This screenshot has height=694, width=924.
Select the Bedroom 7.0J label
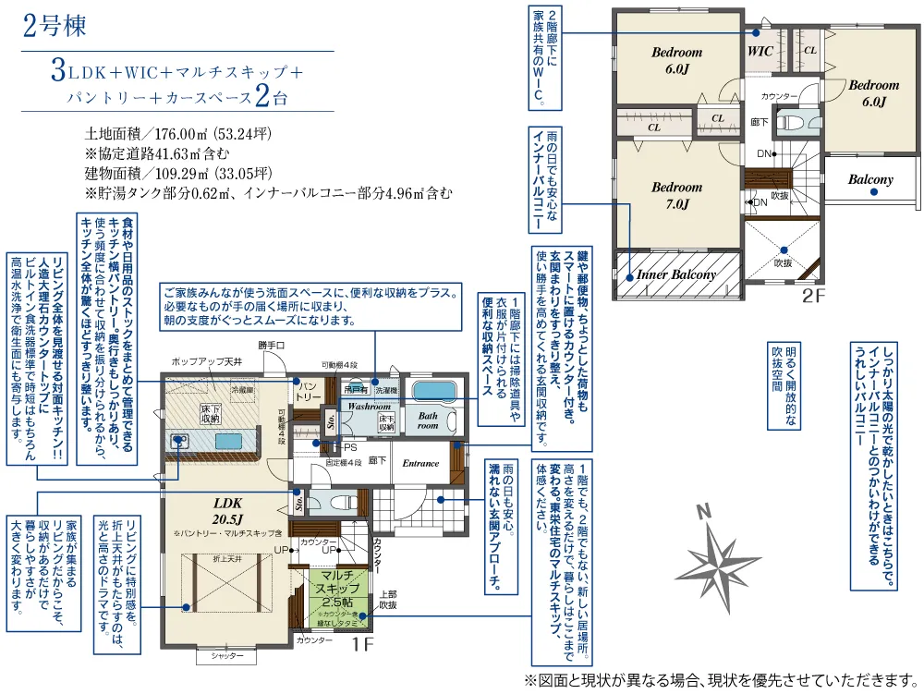point(676,195)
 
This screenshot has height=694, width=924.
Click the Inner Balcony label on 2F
point(675,274)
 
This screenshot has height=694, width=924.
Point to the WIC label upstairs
point(760,52)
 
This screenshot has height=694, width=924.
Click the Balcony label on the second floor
point(869,179)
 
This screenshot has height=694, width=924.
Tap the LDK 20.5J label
point(227,511)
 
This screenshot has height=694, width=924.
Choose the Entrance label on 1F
point(420,463)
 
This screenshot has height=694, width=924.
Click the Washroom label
point(369,406)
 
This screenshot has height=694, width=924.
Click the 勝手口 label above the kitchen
point(272,345)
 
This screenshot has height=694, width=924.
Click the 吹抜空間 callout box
point(783,385)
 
